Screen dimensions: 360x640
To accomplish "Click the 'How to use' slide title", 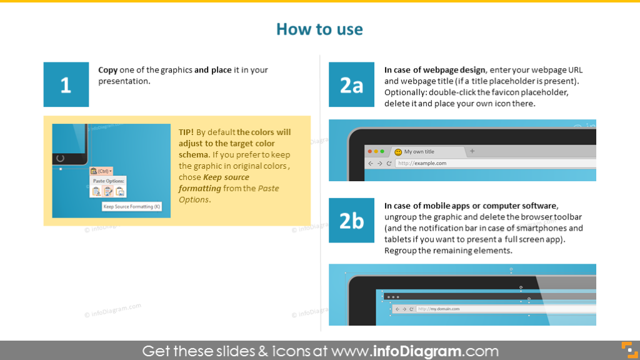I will tap(319, 29).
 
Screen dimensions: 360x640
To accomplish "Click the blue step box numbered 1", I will tap(66, 84).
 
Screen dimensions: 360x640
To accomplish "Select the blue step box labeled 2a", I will tap(351, 84).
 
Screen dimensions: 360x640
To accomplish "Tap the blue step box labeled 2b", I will tap(351, 220).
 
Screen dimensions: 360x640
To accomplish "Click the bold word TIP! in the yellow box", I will tap(186, 132).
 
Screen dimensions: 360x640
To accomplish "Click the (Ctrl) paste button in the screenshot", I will tap(101, 171).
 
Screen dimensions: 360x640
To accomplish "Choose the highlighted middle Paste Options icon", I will tap(107, 192).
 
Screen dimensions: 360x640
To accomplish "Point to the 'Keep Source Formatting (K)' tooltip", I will tap(132, 206).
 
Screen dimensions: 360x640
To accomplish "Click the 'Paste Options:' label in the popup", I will tap(109, 181).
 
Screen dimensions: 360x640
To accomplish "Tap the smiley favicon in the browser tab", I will tap(398, 152).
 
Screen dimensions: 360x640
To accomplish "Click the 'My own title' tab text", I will tap(419, 152).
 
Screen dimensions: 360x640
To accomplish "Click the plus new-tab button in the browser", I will tap(472, 151).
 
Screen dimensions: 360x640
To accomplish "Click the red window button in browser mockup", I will tap(369, 152).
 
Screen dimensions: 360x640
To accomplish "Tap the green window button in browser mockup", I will tap(382, 152).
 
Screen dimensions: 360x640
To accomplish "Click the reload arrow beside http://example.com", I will tap(389, 163).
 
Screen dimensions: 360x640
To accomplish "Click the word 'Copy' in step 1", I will tap(107, 70).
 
